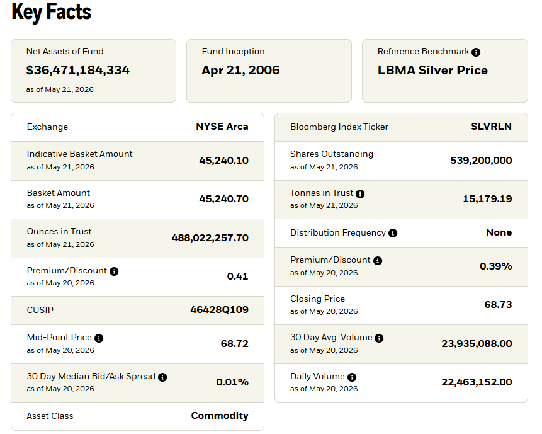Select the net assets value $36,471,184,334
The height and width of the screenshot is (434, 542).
[78, 70]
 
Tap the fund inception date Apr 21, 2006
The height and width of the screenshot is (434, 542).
[240, 70]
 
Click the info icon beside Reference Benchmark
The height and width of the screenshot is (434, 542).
[476, 52]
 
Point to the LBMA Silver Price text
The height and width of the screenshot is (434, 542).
[432, 70]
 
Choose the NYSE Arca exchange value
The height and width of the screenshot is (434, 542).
[222, 127]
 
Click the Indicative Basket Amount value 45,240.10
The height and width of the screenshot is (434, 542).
[223, 161]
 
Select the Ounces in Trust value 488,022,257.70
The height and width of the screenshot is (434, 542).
[210, 238]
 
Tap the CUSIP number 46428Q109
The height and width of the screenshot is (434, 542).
[219, 309]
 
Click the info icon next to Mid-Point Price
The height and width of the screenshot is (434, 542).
[99, 338]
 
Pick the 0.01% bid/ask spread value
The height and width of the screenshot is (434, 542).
[232, 382]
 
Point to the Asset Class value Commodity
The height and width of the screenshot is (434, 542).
[220, 416]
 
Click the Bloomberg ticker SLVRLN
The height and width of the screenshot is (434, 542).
[491, 127]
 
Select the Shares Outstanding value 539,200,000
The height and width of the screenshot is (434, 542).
[481, 161]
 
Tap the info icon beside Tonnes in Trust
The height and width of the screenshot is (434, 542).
[360, 193]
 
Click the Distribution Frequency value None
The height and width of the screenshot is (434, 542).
[499, 232]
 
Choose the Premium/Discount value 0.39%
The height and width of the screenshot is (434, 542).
[495, 266]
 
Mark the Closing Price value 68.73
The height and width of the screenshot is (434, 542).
[498, 305]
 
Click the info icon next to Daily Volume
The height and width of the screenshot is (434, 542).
[352, 377]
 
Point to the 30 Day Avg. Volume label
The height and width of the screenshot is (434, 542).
[331, 338]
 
